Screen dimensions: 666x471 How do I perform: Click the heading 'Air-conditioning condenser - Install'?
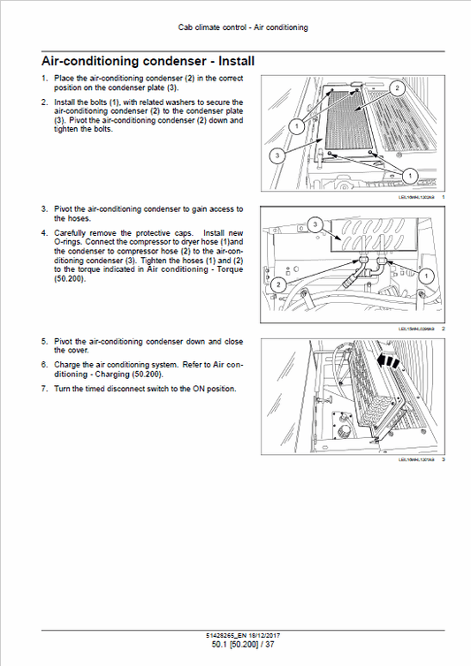tap(148, 62)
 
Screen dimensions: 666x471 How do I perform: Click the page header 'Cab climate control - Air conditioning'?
tap(235, 27)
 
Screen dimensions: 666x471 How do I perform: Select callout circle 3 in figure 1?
tap(277, 155)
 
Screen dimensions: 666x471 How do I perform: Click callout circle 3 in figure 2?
tap(315, 225)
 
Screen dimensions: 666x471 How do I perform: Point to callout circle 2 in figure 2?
tap(277, 284)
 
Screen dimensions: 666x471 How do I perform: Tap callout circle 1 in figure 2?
tap(426, 277)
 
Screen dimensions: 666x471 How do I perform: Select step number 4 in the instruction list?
tap(44, 233)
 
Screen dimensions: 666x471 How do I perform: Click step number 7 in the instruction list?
tap(44, 390)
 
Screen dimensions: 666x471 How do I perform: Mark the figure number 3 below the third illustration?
tap(443, 459)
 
